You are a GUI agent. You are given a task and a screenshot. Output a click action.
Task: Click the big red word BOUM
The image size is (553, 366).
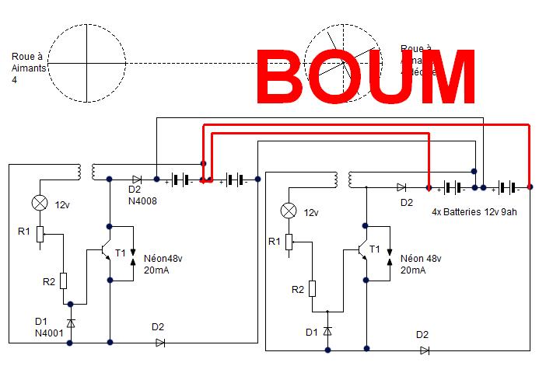point(366,76)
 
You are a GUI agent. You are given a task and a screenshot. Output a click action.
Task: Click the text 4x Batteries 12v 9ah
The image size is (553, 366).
point(474,211)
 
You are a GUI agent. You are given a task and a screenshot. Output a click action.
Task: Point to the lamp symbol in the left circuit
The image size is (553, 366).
point(39,204)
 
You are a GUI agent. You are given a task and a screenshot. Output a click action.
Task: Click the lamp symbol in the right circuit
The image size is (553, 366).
point(289,211)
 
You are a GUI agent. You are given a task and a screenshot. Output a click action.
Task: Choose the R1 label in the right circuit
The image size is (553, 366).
point(274,242)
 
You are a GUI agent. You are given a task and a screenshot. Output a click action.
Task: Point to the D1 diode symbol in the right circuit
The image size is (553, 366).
point(327,331)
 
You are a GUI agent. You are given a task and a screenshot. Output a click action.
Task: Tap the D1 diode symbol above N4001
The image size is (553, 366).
point(71,322)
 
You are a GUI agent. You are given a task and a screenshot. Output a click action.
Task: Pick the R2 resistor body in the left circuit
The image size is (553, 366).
point(63,281)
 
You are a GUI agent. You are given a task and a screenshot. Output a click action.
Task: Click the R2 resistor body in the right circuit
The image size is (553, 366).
point(313,289)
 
